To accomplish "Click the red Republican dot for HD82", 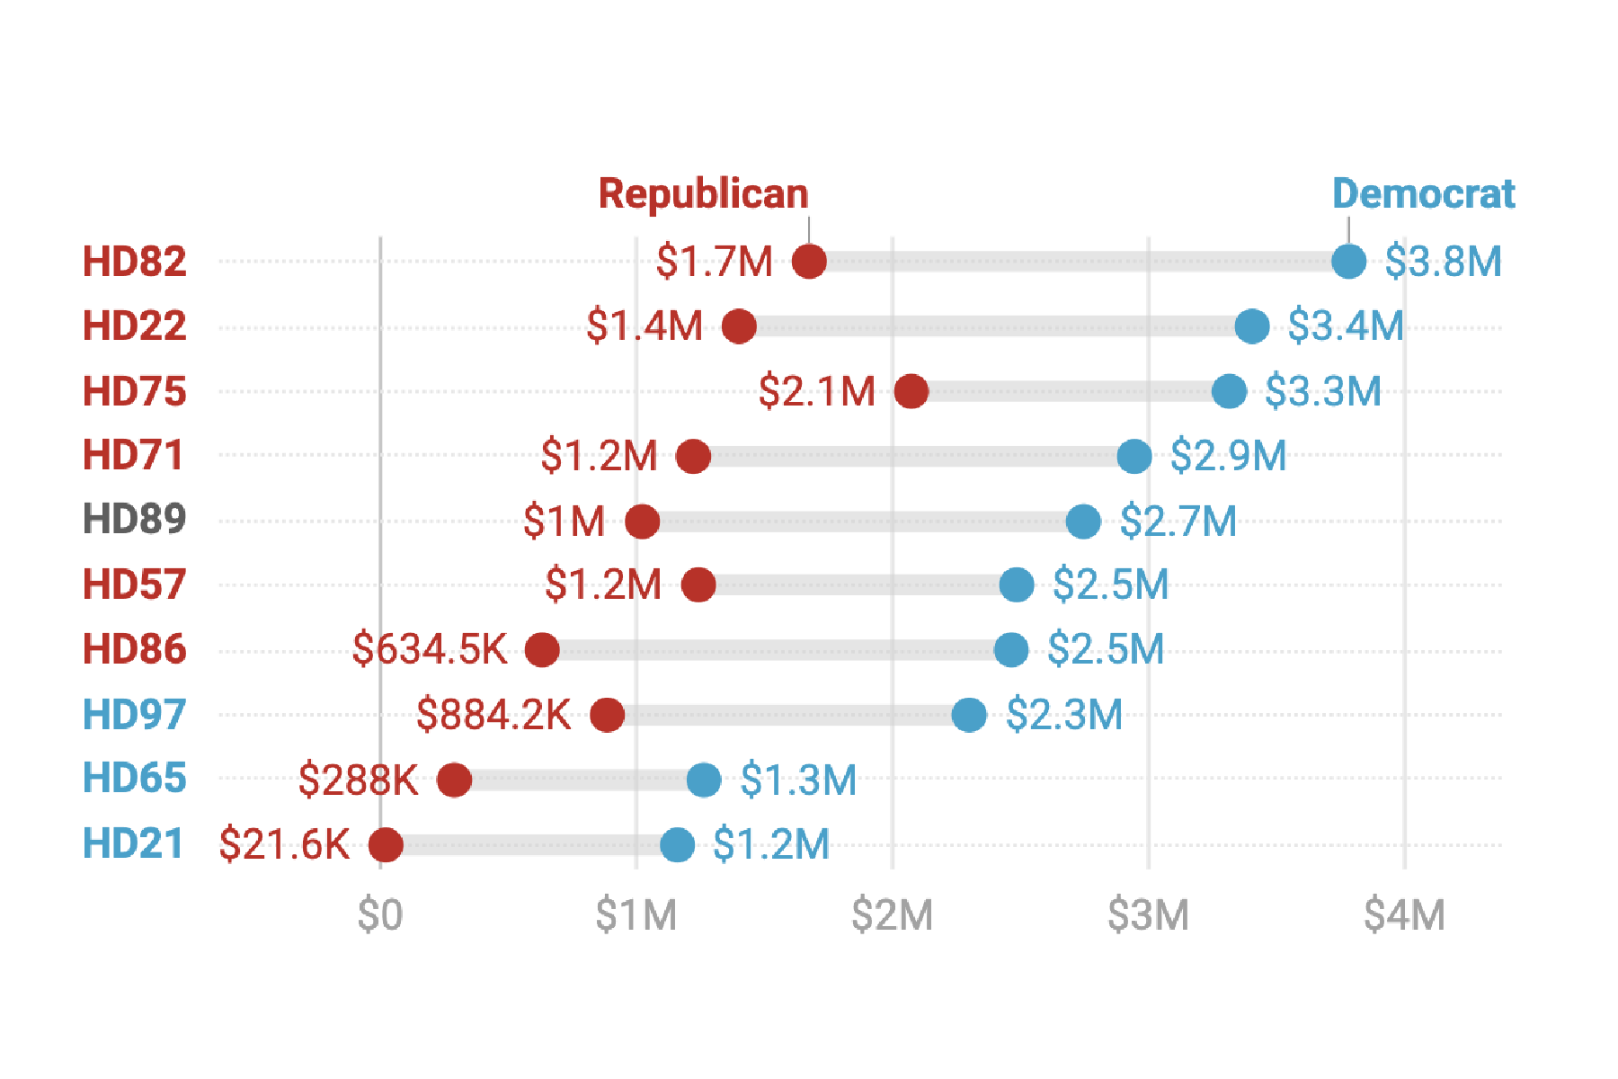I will point(809,262).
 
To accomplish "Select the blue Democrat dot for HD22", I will point(1252,326).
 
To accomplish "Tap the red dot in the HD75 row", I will point(911,391).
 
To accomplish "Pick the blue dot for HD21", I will point(677,844).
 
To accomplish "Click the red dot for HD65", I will point(454,780).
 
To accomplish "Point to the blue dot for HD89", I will point(1083,521).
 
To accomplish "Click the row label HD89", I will point(134,520).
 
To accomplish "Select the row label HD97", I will point(134,715).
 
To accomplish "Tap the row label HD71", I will point(133,455).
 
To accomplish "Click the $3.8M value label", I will point(1443,262).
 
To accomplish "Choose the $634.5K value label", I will point(430,649).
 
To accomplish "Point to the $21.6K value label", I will point(284,844).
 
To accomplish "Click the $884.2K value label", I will point(493,715).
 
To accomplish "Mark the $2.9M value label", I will point(1228,456).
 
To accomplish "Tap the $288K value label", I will point(358,780).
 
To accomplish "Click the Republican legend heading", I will point(703,194).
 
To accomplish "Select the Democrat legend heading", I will point(1423,194).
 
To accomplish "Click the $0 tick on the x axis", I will point(380,915).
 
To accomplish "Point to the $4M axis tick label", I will point(1404,915).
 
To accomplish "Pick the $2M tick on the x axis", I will point(892,915).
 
